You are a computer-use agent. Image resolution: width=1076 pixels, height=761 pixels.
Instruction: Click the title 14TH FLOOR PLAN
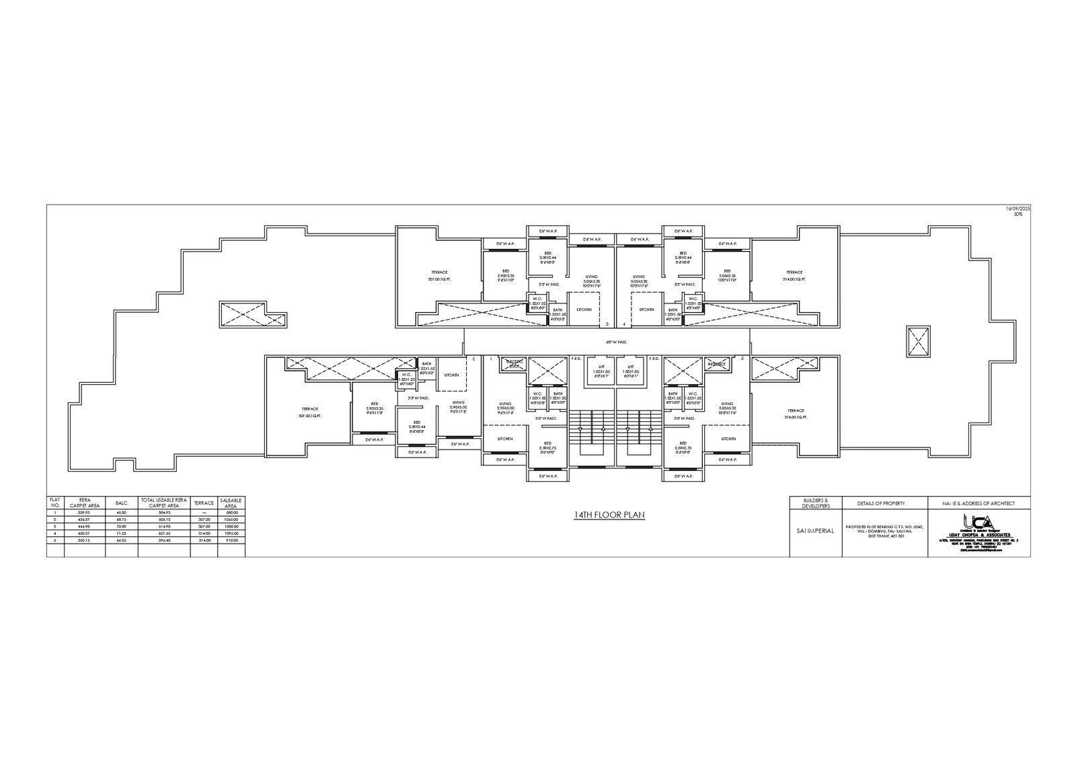point(609,515)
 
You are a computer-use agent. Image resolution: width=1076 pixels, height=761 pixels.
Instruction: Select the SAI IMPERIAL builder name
point(815,530)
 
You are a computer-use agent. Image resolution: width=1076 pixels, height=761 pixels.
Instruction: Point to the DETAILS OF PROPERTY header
point(881,503)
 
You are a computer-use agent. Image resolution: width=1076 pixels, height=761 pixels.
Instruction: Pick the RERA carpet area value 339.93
point(85,513)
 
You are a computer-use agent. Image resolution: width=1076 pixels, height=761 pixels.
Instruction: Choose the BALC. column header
point(122,503)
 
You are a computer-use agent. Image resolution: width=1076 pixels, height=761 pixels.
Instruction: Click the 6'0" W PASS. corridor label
point(616,342)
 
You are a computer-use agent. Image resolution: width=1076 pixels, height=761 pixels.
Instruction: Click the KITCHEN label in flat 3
point(584,310)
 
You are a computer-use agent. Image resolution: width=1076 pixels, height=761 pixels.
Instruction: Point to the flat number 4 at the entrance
point(625,324)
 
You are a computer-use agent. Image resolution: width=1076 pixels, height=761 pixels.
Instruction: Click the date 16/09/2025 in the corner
point(1017,209)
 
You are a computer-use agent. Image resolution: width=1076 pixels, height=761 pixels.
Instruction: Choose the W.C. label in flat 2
point(406,377)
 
